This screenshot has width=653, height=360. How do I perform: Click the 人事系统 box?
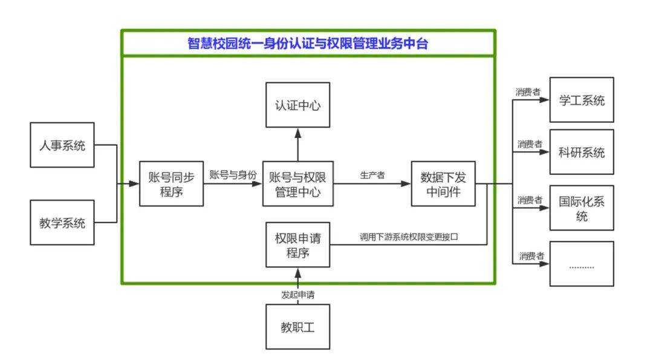click(x=62, y=145)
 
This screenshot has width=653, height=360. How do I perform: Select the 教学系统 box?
click(x=62, y=223)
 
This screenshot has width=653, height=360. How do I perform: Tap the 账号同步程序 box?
click(x=171, y=183)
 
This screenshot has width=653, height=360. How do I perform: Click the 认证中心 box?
click(x=297, y=105)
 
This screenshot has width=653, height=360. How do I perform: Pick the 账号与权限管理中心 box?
click(x=297, y=183)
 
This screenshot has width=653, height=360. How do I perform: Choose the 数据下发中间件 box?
click(x=443, y=183)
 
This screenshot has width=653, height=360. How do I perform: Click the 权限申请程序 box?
click(x=297, y=244)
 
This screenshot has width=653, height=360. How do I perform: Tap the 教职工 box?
click(x=297, y=327)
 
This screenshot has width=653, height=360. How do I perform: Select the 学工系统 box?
click(x=581, y=100)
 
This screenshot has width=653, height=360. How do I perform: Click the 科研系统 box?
click(x=581, y=152)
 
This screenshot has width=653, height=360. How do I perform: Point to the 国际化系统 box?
click(x=581, y=208)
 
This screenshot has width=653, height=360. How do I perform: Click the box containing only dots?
click(x=581, y=264)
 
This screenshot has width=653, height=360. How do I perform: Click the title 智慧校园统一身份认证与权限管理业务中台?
click(x=308, y=44)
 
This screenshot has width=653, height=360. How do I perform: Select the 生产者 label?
click(x=372, y=175)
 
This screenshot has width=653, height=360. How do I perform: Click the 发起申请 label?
click(x=297, y=295)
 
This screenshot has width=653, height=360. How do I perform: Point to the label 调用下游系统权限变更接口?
click(x=409, y=237)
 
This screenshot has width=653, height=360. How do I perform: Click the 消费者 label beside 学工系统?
click(x=528, y=92)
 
